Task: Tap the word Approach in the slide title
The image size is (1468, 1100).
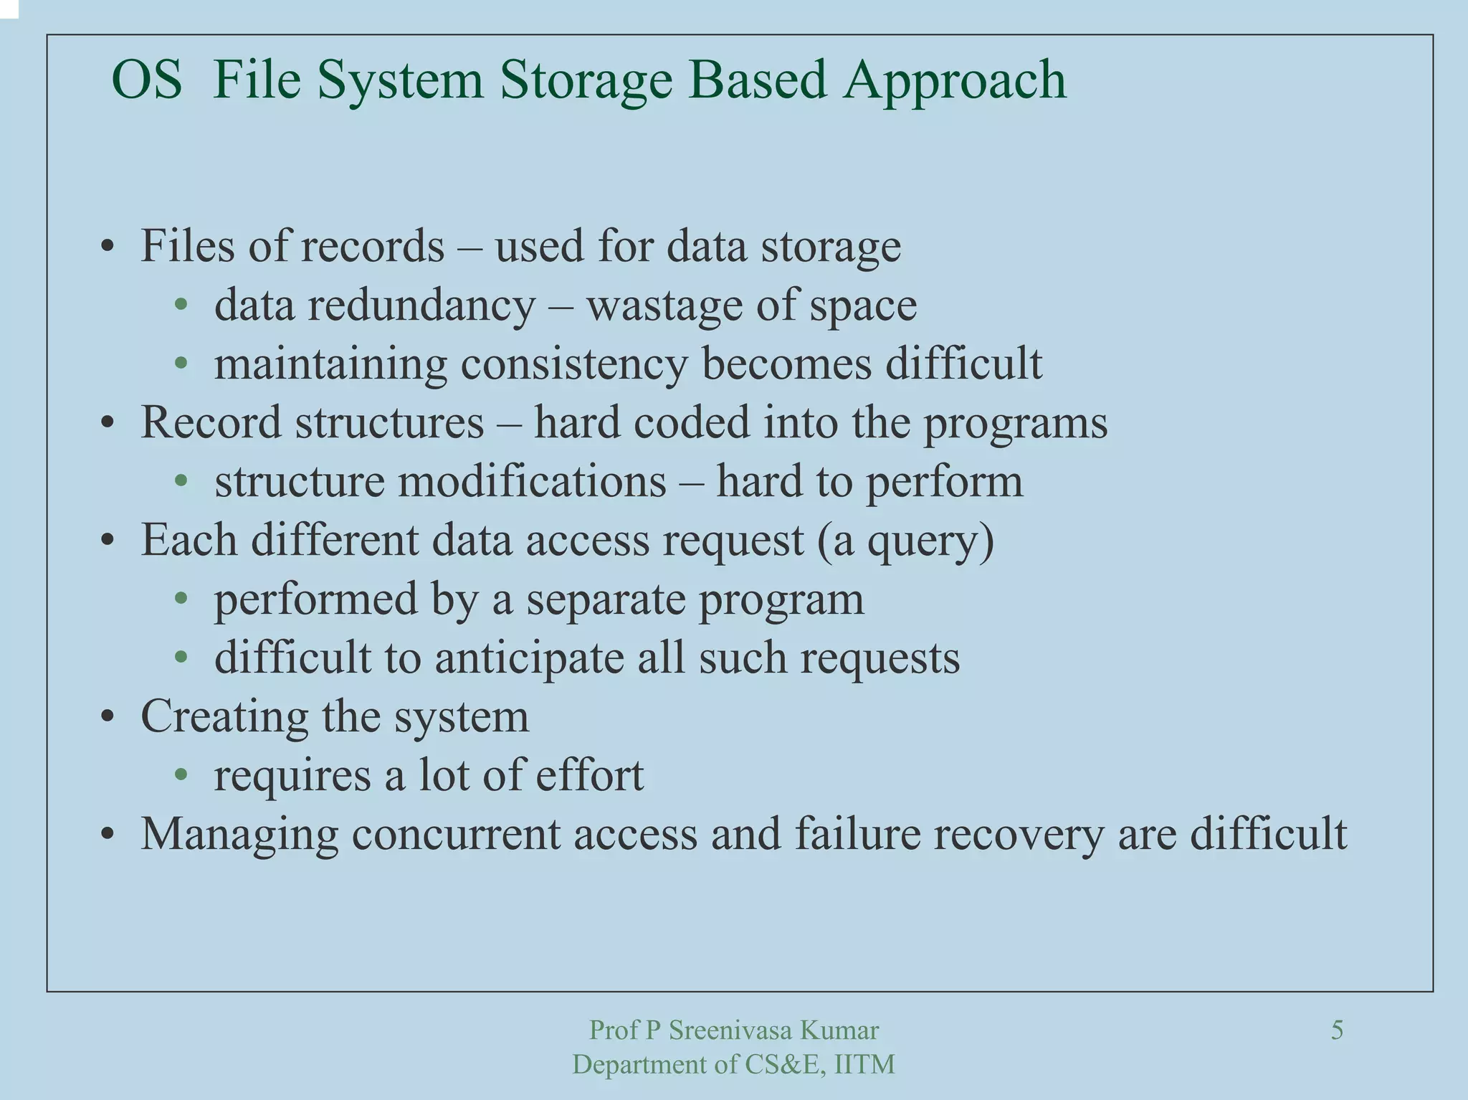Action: click(955, 80)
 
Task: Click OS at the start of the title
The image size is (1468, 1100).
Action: click(147, 80)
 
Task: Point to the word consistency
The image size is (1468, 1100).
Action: click(574, 364)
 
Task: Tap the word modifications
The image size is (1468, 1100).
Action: click(532, 482)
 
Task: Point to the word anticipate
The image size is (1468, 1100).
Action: click(529, 658)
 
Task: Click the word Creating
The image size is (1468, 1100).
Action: click(224, 717)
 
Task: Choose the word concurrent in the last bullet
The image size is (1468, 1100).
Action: click(455, 835)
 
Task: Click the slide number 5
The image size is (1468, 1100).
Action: click(1337, 1030)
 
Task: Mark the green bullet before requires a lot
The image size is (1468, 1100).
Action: click(181, 776)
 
